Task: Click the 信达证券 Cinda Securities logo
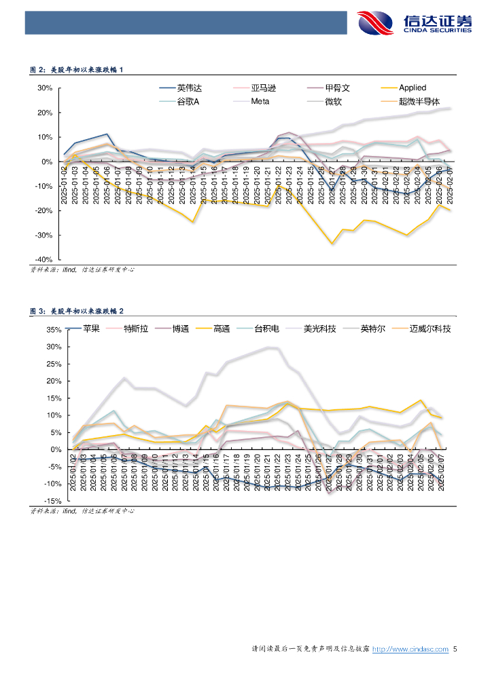(x=415, y=22)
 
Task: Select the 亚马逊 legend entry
(x=264, y=88)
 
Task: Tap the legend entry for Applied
(x=412, y=88)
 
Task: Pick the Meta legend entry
(x=260, y=102)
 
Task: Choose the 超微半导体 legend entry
(x=419, y=102)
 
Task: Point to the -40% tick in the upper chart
(x=44, y=260)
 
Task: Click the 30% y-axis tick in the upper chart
(x=45, y=88)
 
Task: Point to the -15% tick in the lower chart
(x=52, y=501)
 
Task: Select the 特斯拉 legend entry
(x=137, y=328)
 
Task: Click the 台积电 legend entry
(x=266, y=328)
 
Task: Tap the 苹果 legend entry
(x=91, y=328)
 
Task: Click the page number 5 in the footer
(x=455, y=650)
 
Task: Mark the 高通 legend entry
(x=222, y=328)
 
